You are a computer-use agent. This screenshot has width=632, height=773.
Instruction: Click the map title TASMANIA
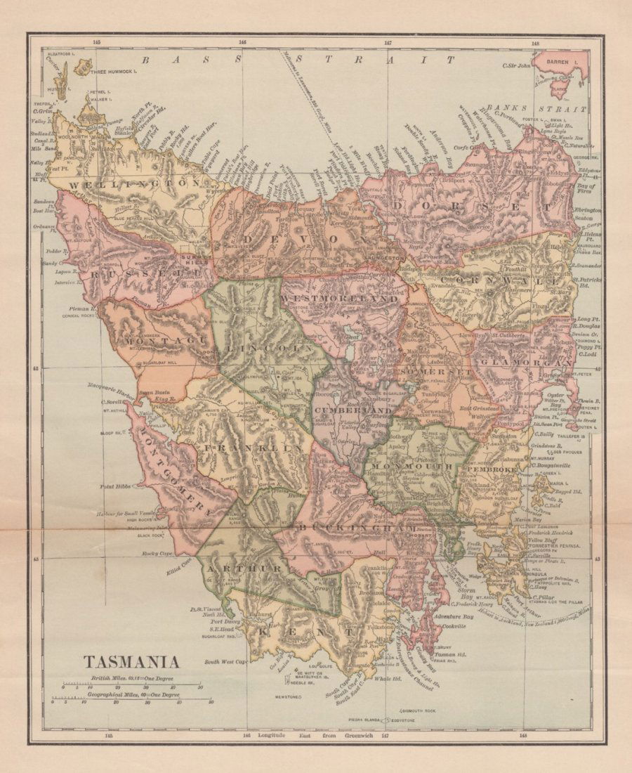pos(132,662)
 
